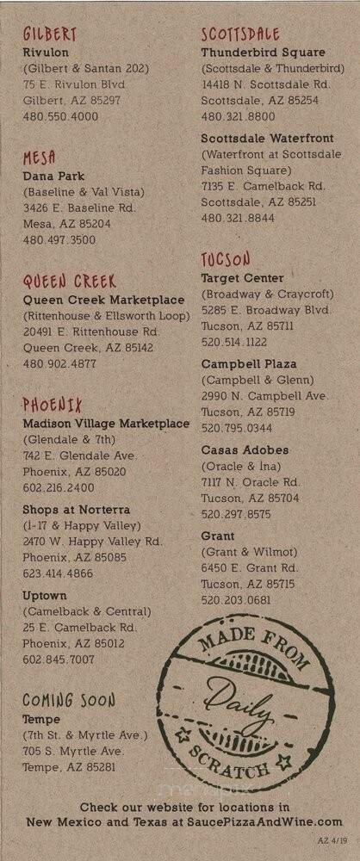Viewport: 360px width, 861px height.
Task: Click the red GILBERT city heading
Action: pos(50,35)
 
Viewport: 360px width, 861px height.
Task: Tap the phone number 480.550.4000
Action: pos(60,116)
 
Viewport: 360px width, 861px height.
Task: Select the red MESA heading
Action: pos(40,158)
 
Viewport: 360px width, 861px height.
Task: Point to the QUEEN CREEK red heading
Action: pos(69,282)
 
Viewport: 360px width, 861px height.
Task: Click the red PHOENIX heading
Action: pos(52,405)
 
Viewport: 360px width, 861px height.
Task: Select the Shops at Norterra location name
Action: pos(77,509)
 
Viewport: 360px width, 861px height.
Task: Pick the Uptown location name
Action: pos(45,595)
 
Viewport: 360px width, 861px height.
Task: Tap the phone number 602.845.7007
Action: pos(59,660)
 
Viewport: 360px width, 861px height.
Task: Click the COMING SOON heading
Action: pos(68,700)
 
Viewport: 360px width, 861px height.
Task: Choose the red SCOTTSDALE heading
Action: pos(240,35)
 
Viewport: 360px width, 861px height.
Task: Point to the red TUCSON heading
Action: pos(226,259)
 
